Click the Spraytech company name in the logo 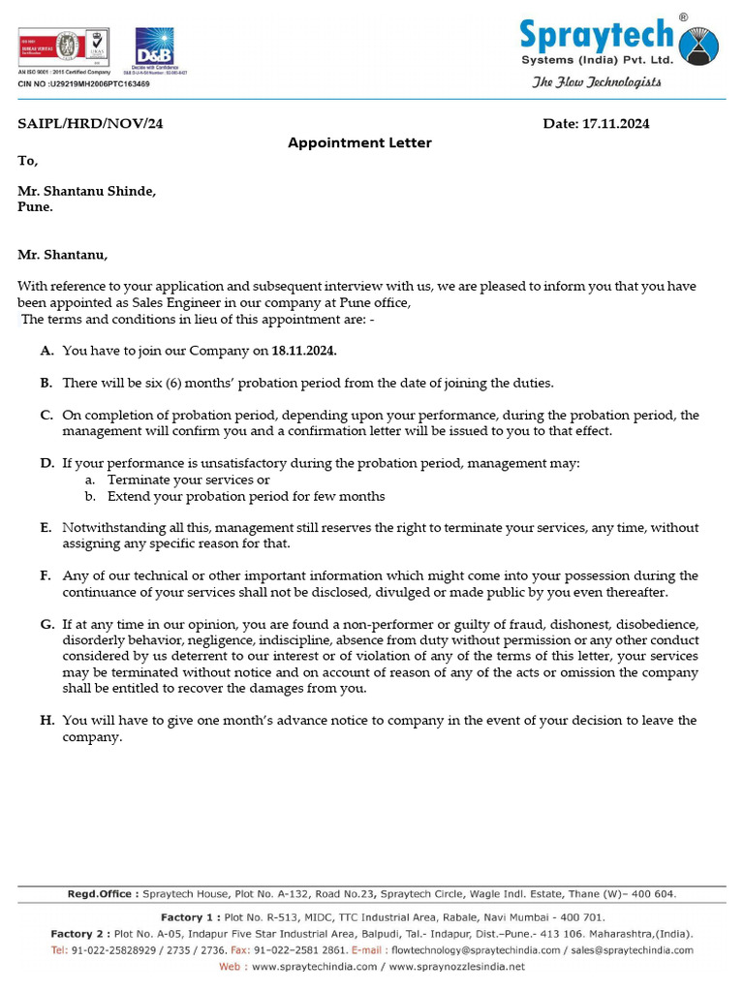595,37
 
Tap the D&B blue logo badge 154,46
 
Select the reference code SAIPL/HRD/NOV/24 83,124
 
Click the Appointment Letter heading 359,142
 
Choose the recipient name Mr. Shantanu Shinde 87,191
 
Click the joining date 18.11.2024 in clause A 304,352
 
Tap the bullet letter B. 46,384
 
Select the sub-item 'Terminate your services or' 188,480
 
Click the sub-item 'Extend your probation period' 246,496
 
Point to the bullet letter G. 46,625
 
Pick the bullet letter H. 46,721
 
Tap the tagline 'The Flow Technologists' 597,82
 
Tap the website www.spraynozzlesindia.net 457,966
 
